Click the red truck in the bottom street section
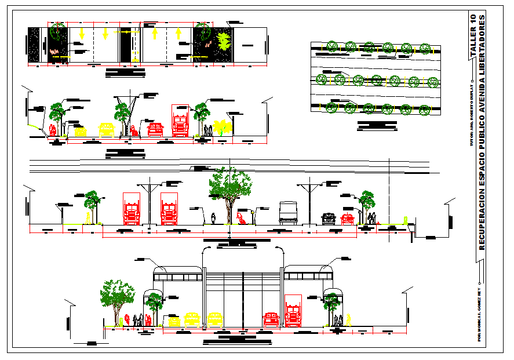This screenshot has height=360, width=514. pos(293,312)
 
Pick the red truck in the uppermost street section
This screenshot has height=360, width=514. pos(180,122)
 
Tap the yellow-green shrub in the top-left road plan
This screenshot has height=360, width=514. pos(224,41)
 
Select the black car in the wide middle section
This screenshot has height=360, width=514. pos(329,219)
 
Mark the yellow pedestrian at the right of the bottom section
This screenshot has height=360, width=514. pos(349,320)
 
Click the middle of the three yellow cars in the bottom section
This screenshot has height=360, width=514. pos(192,319)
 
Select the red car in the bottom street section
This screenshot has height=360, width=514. pos(271,319)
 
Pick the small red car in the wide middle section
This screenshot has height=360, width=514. pos(347,219)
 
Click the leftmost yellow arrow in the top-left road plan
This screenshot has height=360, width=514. pos(82,33)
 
